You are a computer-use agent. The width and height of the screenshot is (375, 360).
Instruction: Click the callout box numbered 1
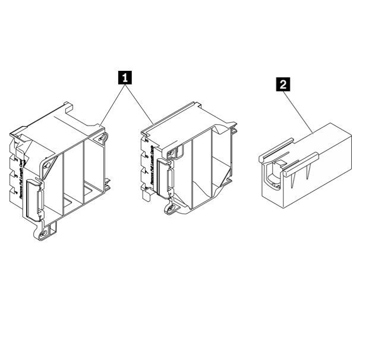click(125, 77)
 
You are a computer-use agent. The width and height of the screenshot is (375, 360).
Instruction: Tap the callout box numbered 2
click(285, 84)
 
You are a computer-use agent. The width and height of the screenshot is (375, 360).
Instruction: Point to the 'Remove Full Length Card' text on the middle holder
click(151, 166)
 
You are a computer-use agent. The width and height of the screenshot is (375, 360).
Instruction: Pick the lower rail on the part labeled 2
click(303, 164)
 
